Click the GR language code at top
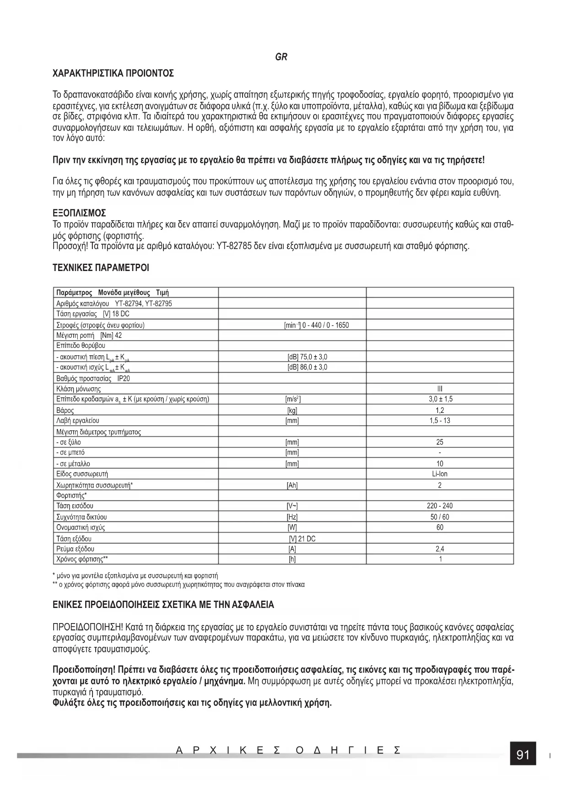tap(281, 57)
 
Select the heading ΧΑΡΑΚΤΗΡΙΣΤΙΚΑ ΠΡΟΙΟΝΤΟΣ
tap(113, 73)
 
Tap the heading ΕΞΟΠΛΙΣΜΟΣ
tap(80, 213)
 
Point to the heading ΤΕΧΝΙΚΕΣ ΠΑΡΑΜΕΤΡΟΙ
tap(101, 267)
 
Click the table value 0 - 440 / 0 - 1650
tap(325, 325)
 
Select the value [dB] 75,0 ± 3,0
tap(307, 357)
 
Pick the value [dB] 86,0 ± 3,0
tap(307, 367)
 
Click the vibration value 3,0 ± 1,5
tap(440, 399)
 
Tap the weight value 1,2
tap(440, 410)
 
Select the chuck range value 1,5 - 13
tap(440, 420)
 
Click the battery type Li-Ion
tap(440, 474)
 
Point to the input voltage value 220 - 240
tap(440, 506)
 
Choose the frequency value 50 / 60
tap(440, 517)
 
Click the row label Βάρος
tap(65, 410)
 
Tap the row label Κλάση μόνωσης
tap(78, 389)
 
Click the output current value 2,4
tap(440, 549)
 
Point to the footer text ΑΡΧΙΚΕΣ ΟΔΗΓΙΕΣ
tap(288, 751)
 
